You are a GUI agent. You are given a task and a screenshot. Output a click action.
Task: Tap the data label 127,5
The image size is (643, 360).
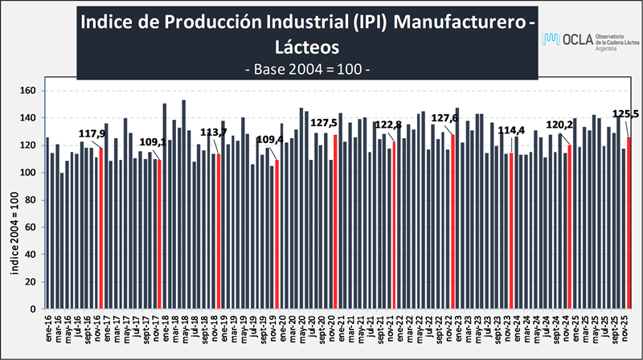(324, 123)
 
